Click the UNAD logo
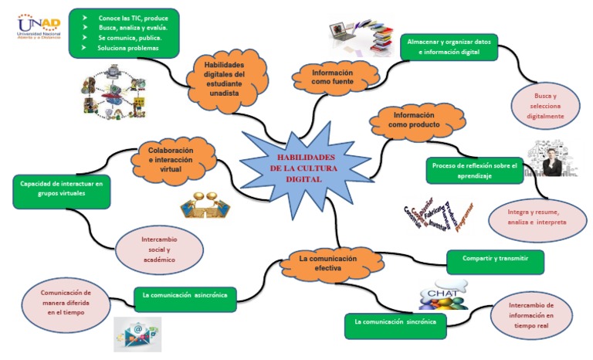click(38, 27)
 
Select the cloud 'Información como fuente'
click(333, 77)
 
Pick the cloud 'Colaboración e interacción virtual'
click(171, 159)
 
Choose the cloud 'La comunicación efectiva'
click(328, 263)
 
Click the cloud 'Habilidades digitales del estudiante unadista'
click(223, 80)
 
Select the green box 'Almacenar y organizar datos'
click(448, 46)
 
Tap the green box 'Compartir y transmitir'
click(495, 260)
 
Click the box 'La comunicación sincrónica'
click(395, 321)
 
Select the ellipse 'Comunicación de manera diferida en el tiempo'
click(66, 304)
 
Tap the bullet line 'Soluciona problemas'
click(127, 48)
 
